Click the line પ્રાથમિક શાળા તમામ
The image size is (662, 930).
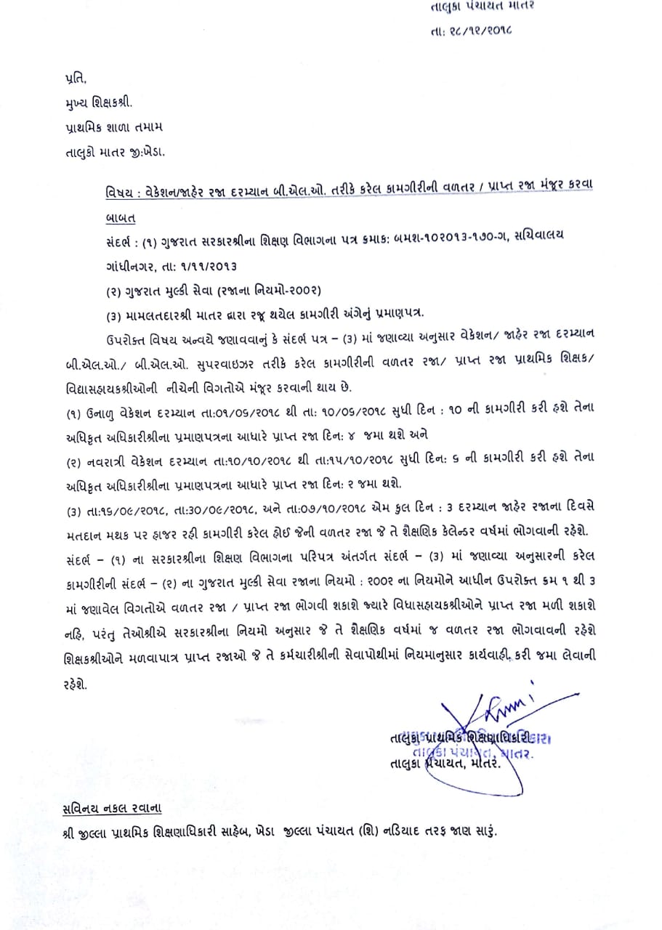(112, 126)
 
